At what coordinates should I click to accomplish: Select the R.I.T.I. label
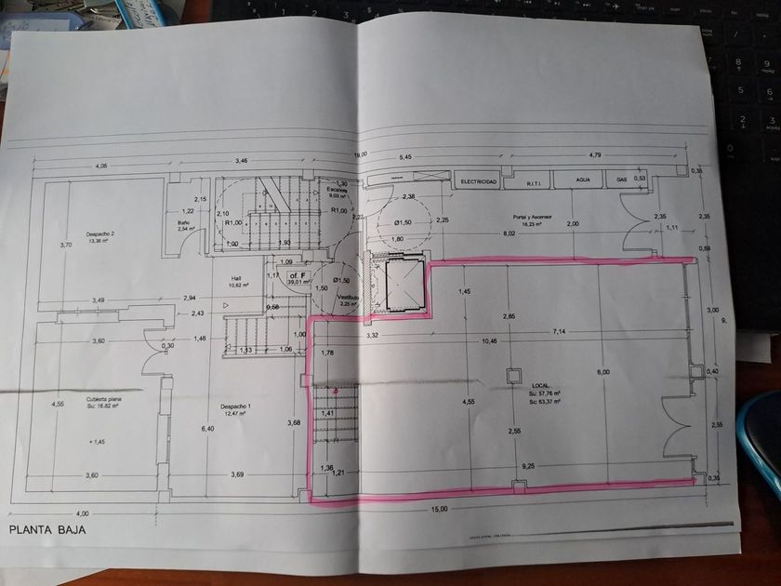(534, 183)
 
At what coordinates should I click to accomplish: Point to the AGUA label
(583, 181)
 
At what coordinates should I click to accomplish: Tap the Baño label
(184, 223)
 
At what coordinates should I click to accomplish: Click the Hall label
(236, 277)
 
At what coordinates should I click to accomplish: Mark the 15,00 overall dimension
(439, 509)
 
